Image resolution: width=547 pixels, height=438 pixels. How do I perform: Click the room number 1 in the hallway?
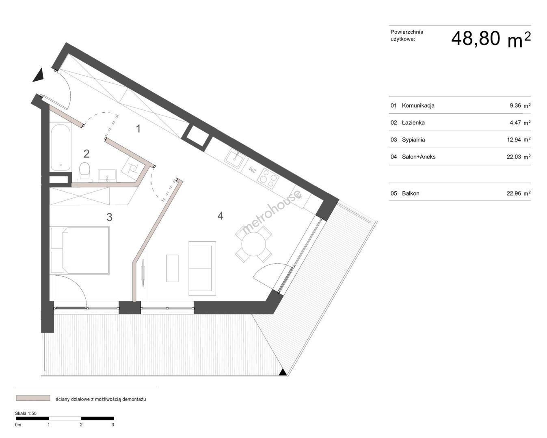click(138, 129)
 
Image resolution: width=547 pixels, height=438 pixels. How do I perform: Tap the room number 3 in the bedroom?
click(109, 217)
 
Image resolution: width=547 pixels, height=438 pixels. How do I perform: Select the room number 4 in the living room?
click(221, 216)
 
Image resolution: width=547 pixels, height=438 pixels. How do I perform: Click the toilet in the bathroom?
click(84, 172)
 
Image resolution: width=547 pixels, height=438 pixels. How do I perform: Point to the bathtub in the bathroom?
click(61, 147)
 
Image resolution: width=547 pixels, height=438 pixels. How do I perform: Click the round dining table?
click(253, 244)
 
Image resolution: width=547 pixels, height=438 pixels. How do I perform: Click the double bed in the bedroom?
click(80, 250)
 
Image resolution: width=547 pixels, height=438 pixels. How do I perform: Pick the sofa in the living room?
click(202, 268)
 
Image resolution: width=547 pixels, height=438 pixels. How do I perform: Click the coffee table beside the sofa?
click(172, 268)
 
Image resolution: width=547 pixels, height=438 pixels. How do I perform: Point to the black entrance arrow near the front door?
click(39, 75)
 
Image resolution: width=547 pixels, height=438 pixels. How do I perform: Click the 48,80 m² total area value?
click(491, 39)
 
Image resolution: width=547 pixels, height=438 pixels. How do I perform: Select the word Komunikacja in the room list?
click(418, 105)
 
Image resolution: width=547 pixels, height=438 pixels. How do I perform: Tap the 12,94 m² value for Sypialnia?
click(519, 140)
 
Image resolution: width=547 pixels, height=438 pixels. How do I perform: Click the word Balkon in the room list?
click(411, 193)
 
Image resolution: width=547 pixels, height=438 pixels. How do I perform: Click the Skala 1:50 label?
click(26, 413)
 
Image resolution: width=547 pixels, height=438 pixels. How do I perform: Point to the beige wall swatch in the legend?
click(33, 398)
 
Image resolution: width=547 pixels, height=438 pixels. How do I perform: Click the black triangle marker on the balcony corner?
click(283, 372)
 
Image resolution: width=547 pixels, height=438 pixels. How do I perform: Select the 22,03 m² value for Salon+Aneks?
click(519, 157)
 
